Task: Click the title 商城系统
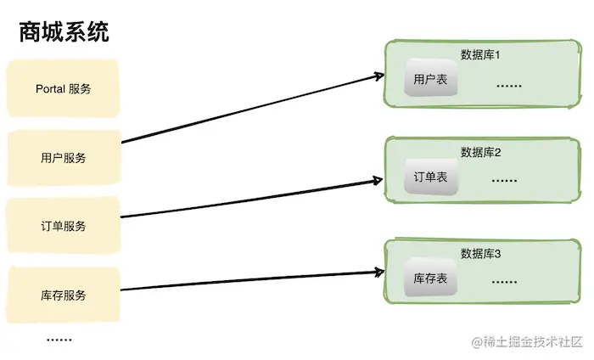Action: point(64,32)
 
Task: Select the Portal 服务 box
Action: point(63,88)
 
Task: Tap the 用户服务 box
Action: point(63,157)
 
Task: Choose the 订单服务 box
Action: point(63,226)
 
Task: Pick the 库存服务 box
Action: point(63,295)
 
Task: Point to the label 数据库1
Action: point(481,55)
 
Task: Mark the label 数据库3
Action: point(481,253)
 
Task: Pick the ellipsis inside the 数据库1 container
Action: point(508,85)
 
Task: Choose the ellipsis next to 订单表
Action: point(504,180)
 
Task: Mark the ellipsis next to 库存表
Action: point(504,281)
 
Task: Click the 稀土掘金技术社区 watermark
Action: point(524,340)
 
